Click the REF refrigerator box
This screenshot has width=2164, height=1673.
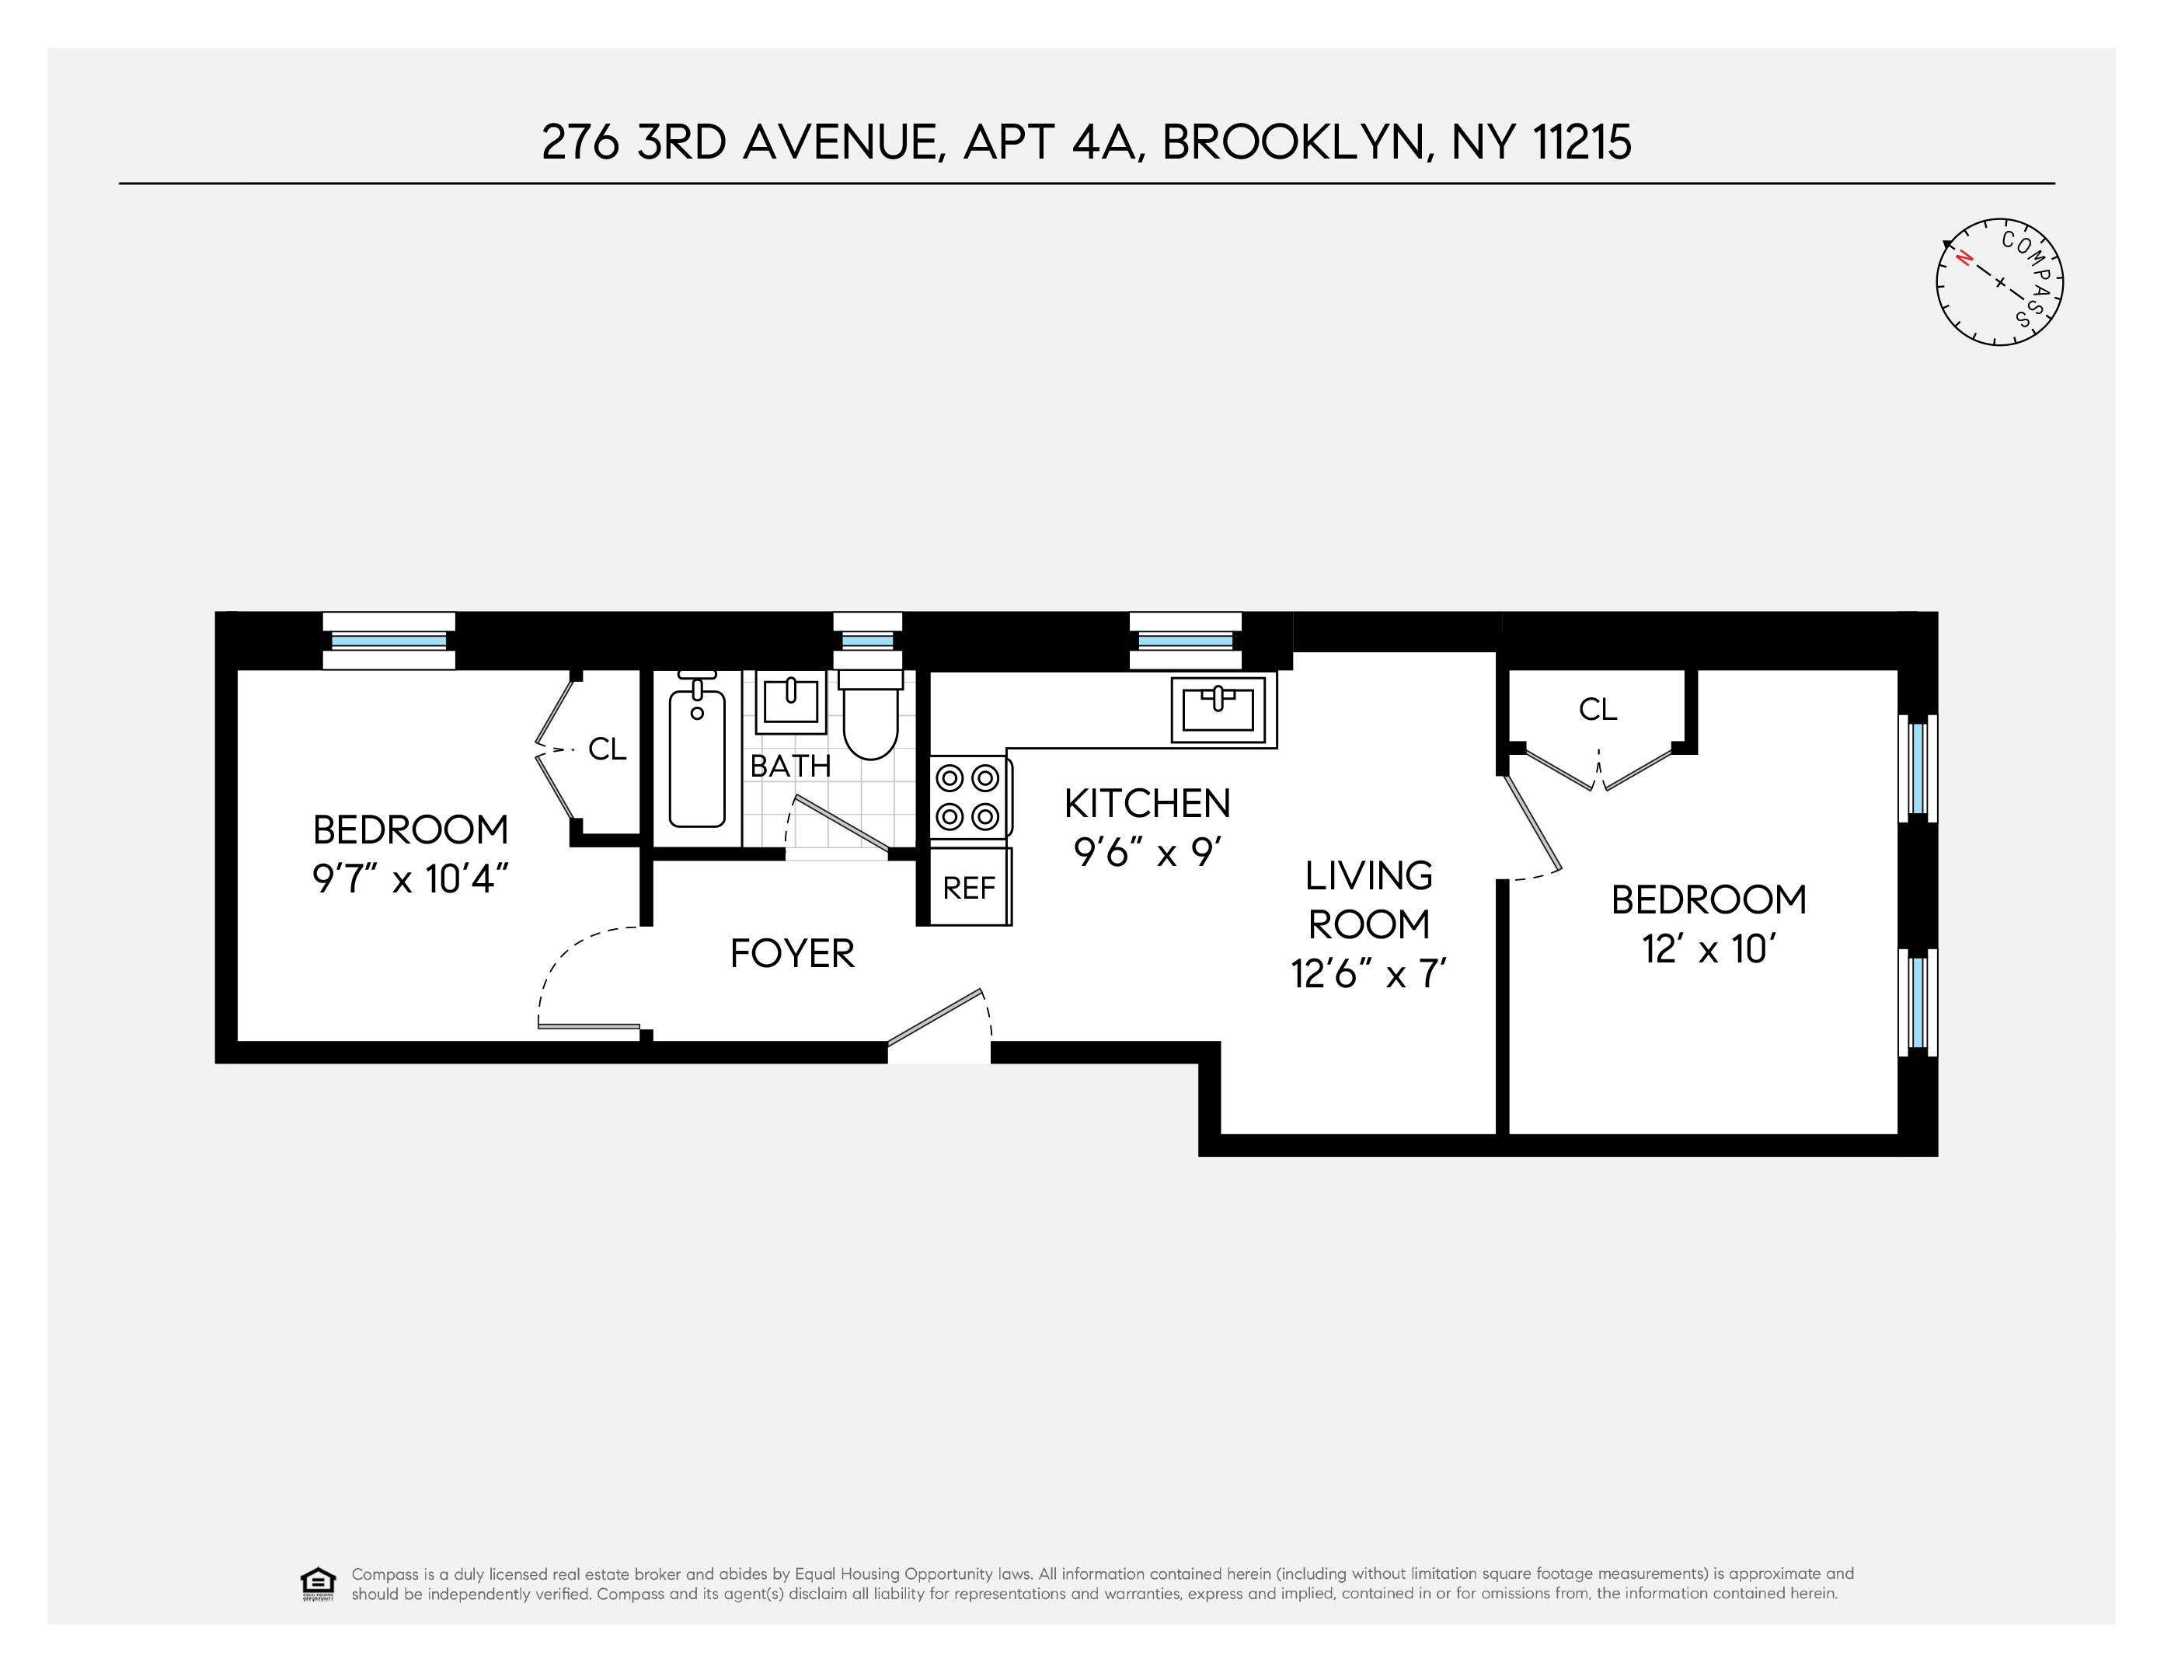[968, 887]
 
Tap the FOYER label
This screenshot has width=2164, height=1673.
[792, 953]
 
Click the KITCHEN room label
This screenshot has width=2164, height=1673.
[1148, 803]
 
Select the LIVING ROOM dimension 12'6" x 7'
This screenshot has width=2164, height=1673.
[1368, 974]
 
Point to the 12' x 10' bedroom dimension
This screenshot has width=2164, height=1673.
[1708, 948]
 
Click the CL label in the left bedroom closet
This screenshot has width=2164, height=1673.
[608, 749]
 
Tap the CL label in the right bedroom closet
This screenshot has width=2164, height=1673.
[1598, 709]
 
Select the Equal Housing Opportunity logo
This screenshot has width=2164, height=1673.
[317, 1584]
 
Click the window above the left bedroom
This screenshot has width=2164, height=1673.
[389, 641]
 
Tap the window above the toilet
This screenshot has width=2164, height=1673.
[867, 641]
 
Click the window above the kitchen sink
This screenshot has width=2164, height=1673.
[1185, 641]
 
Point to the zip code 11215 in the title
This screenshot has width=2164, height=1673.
[1581, 141]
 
